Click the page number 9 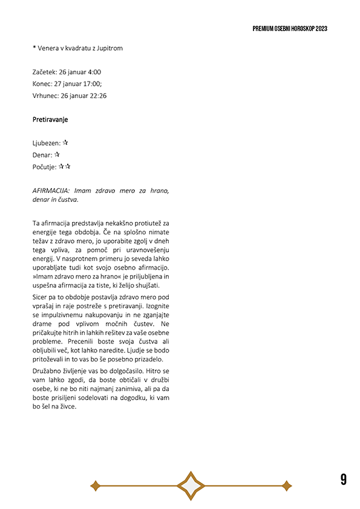point(343,479)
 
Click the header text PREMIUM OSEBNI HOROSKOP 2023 point(290,28)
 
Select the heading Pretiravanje point(50,120)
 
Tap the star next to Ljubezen point(65,143)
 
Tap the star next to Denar point(57,155)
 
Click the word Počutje point(44,167)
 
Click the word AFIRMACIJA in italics point(51,190)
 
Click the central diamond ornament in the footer point(191,485)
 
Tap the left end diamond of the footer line point(94,485)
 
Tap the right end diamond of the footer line point(287,485)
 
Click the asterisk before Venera point(34,47)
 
